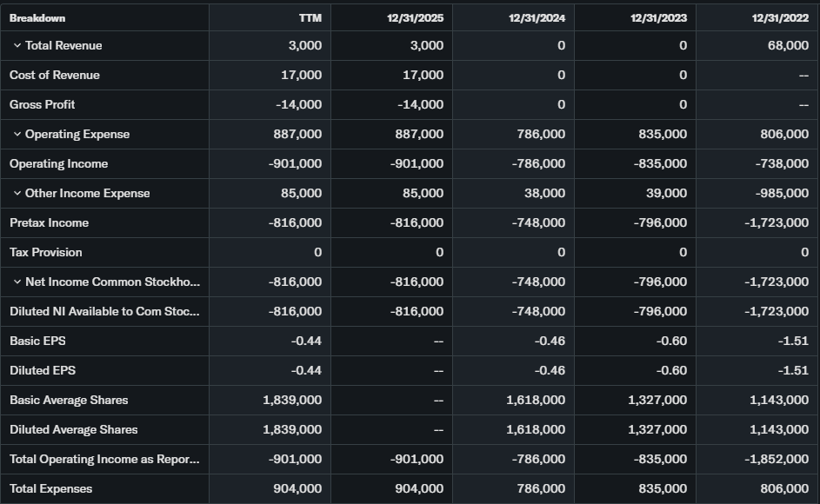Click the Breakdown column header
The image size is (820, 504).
[37, 18]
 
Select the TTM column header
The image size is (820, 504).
[310, 18]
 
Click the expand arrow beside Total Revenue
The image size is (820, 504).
[17, 46]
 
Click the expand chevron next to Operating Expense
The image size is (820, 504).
[17, 135]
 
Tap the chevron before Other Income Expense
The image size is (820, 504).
[17, 194]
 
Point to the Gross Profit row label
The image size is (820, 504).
[43, 104]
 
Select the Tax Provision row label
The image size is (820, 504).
[46, 252]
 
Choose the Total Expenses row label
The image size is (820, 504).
[50, 488]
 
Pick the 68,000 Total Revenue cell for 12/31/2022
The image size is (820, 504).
[787, 46]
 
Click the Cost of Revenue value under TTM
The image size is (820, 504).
[300, 76]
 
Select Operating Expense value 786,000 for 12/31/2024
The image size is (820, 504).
[541, 135]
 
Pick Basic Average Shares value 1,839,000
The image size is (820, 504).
[292, 400]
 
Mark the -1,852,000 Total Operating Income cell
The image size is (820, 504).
[777, 459]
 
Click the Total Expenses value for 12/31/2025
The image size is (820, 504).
[419, 488]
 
